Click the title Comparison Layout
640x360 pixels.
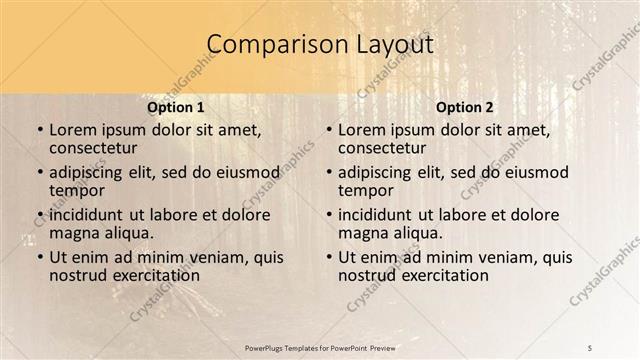pyautogui.click(x=320, y=45)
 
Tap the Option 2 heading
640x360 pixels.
pyautogui.click(x=464, y=106)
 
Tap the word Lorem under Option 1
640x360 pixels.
pyautogui.click(x=72, y=130)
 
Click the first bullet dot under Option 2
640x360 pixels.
pyautogui.click(x=329, y=131)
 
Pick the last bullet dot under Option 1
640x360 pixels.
pyautogui.click(x=40, y=258)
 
